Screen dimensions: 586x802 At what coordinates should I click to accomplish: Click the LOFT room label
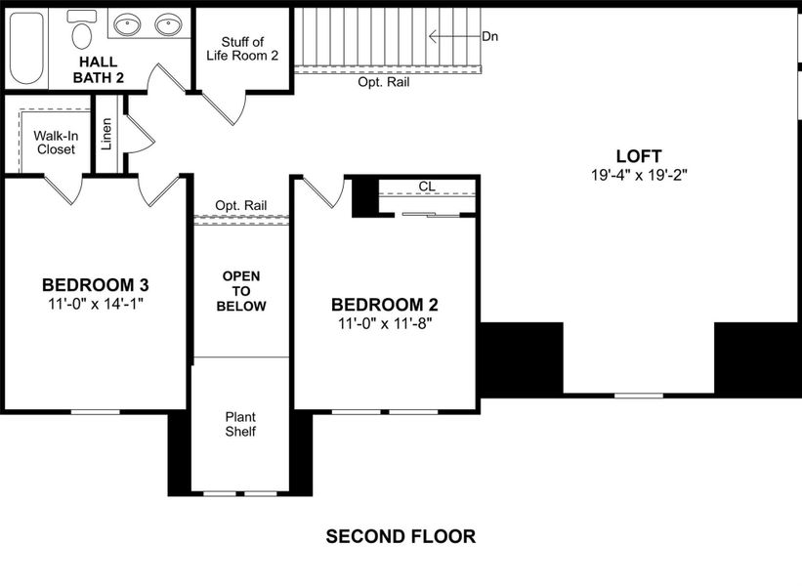pos(639,156)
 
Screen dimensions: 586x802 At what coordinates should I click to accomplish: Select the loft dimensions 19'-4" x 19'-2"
pos(639,176)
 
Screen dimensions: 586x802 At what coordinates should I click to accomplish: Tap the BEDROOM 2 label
pos(385,304)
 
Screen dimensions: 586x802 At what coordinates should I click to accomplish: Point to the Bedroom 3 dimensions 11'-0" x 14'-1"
pos(95,304)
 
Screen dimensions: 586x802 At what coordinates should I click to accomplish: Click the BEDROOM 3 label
pos(95,284)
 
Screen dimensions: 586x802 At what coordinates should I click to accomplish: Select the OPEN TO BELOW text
pos(241,291)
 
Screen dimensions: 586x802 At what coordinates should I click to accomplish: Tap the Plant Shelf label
pos(240,424)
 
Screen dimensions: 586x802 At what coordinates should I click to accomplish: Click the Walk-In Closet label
pos(56,143)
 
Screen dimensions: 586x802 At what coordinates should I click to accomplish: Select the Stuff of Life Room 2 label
pos(242,49)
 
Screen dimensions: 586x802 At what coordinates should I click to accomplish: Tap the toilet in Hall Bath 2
pos(82,33)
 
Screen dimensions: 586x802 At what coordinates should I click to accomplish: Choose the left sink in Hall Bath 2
pos(127,24)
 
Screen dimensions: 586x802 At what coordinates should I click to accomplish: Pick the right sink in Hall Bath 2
pos(170,24)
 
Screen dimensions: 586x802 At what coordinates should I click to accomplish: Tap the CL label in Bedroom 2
pos(426,186)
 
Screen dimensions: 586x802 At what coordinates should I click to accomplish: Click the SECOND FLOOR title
pos(401,536)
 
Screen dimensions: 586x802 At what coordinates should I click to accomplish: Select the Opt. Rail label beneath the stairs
pos(383,82)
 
